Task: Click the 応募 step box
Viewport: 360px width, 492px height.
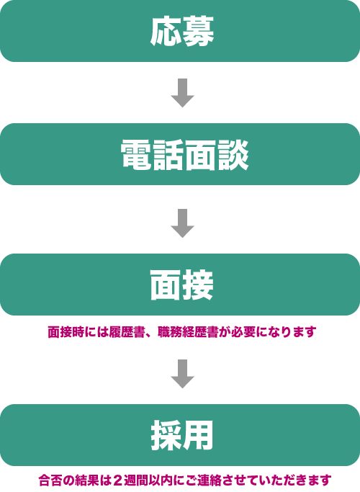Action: [x=180, y=31]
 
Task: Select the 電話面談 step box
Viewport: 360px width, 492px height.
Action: [x=180, y=154]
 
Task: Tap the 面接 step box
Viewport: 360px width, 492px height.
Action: [x=180, y=285]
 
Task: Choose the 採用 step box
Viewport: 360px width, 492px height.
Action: [x=180, y=435]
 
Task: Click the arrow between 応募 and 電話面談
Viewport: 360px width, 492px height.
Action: [x=182, y=93]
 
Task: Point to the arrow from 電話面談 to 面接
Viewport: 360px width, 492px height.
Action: [x=182, y=223]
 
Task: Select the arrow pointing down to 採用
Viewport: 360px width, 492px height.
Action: [x=182, y=374]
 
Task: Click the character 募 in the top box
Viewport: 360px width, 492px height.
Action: [x=199, y=31]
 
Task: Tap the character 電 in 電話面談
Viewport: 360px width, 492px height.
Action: [x=136, y=155]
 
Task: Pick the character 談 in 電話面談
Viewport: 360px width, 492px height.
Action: [x=233, y=155]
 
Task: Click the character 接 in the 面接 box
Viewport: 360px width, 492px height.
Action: [x=198, y=285]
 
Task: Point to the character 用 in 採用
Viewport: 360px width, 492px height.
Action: [x=198, y=436]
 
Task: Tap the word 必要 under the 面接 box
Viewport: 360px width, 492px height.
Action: [x=243, y=332]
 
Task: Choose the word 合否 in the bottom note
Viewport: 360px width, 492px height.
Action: [x=50, y=480]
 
